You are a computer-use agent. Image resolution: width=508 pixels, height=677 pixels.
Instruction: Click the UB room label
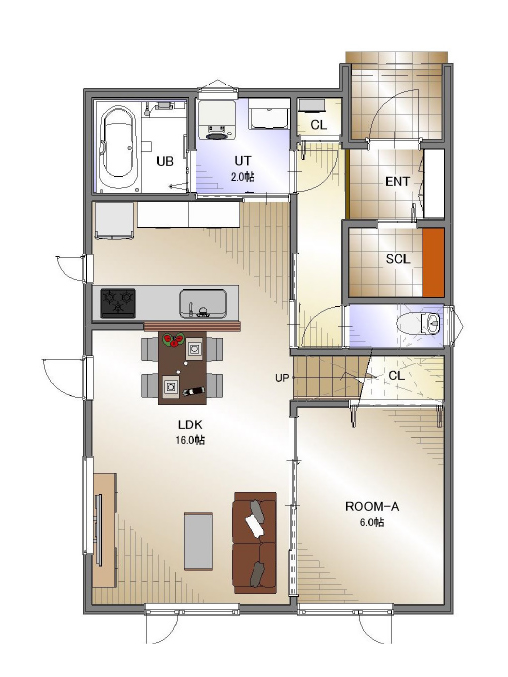[165, 161]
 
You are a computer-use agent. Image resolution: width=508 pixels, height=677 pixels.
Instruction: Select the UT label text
[243, 160]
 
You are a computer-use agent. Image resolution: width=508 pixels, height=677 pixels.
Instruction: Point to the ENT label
[397, 181]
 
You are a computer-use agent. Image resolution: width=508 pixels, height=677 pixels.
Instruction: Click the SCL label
[398, 259]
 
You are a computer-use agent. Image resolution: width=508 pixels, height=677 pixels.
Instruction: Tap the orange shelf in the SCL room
[432, 262]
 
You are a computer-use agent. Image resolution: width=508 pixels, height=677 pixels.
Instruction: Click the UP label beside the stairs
[282, 378]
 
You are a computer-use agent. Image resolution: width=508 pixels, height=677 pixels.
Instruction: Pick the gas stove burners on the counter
[118, 303]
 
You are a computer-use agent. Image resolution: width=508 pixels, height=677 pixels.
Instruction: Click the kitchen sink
[203, 303]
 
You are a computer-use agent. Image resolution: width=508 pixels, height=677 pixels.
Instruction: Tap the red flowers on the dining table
[174, 340]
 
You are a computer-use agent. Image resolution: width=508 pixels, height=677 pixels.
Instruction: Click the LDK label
[190, 424]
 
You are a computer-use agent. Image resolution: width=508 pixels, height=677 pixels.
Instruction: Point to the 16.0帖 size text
[190, 440]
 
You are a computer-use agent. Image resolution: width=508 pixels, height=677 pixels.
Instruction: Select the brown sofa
[254, 543]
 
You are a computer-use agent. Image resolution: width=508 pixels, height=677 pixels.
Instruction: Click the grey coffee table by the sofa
[198, 541]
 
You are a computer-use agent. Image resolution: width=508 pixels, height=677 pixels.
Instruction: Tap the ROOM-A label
[372, 506]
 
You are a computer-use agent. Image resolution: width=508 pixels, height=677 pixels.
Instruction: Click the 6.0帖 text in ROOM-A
[372, 522]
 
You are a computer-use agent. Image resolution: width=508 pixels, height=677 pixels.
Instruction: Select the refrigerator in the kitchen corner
[114, 220]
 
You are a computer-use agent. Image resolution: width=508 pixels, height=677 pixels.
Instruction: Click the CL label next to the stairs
[397, 376]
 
